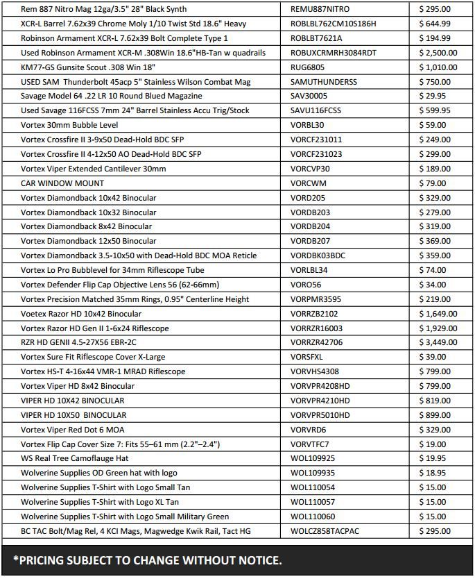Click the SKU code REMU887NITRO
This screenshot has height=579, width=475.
[x=320, y=10]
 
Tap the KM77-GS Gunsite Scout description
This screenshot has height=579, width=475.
[x=97, y=67]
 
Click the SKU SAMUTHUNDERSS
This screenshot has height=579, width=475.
[x=324, y=82]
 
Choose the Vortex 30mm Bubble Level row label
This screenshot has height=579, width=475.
[x=69, y=126]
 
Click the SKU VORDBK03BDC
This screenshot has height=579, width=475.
[x=318, y=255]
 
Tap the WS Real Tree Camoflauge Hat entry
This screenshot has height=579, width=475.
[x=75, y=458]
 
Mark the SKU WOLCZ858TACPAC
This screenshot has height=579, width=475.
[x=325, y=531]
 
